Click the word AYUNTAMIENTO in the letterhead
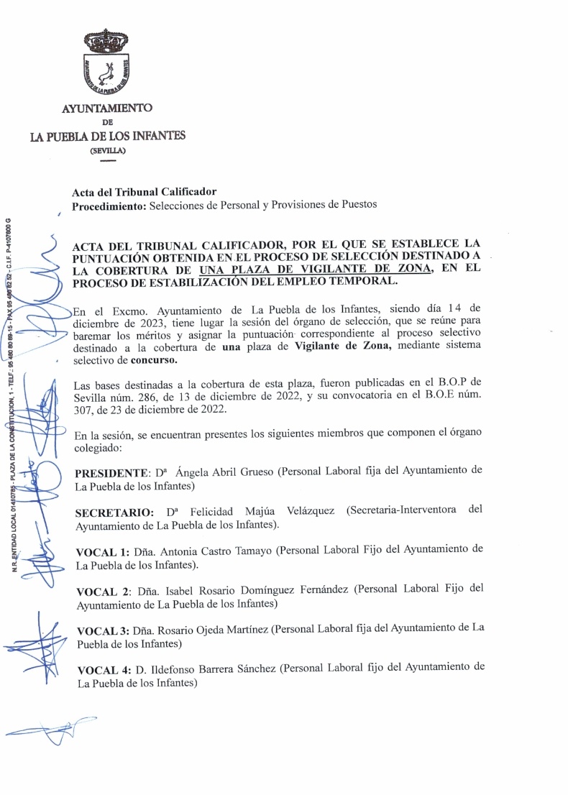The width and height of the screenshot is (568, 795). point(107,108)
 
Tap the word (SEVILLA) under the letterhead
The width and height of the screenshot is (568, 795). point(107,150)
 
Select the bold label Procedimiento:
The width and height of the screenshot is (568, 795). point(107,206)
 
